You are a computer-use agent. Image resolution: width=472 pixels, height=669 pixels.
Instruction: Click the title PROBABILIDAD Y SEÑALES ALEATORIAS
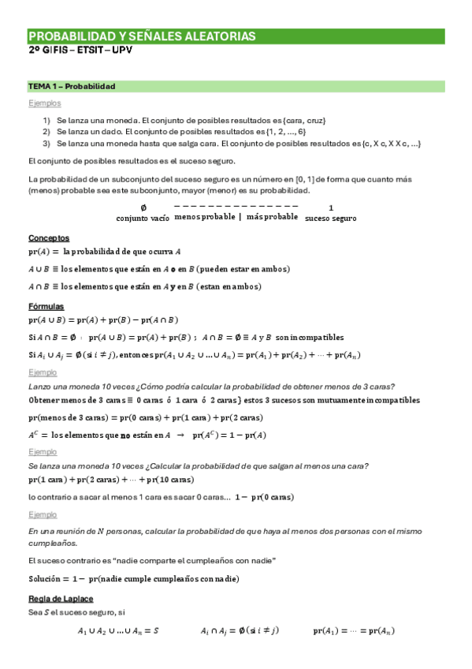pyautogui.click(x=142, y=36)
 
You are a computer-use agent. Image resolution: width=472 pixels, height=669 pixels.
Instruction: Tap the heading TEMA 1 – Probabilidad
pyautogui.click(x=72, y=86)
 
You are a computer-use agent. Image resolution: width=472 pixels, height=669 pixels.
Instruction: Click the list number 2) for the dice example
pyautogui.click(x=47, y=131)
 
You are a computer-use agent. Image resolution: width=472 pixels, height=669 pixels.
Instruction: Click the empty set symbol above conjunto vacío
pyautogui.click(x=143, y=207)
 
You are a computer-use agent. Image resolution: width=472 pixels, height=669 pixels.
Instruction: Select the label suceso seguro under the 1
pyautogui.click(x=330, y=219)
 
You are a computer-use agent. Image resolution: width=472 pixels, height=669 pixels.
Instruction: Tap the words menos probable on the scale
pyautogui.click(x=204, y=216)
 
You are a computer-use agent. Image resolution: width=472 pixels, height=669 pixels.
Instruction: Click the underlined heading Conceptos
pyautogui.click(x=49, y=237)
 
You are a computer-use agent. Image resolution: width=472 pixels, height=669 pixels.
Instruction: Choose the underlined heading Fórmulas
pyautogui.click(x=46, y=306)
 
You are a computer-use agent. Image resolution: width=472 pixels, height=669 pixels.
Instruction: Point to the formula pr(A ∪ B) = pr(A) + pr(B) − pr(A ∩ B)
pyautogui.click(x=103, y=320)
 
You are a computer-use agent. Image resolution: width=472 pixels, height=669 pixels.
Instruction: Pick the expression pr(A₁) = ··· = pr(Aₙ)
pyautogui.click(x=354, y=631)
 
